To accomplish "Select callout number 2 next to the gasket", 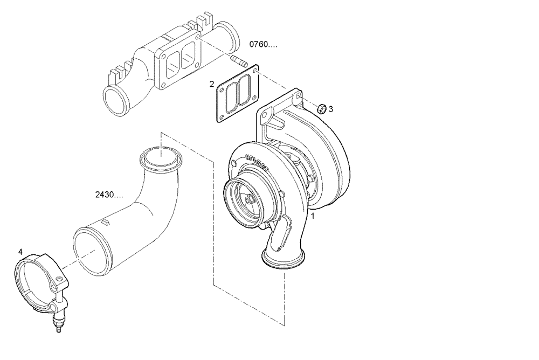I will point(212,84).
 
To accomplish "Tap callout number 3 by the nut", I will point(331,109).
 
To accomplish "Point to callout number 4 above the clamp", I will point(20,252).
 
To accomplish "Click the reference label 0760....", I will point(264,44).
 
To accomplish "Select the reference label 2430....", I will point(108,194).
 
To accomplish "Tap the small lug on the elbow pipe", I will point(105,221).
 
